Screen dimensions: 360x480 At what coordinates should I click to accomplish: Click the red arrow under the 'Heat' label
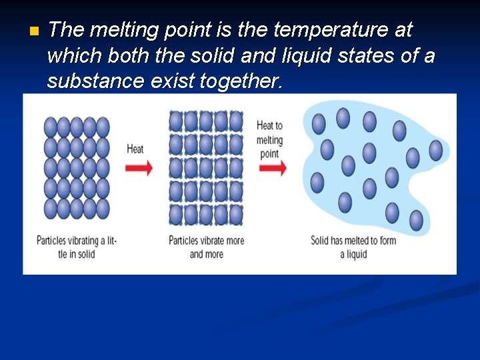tap(139, 168)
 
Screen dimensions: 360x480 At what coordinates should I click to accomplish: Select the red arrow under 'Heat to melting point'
tap(271, 168)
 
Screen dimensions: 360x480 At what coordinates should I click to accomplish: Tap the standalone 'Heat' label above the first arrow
tap(135, 149)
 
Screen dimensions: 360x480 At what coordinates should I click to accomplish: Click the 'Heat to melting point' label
tap(269, 139)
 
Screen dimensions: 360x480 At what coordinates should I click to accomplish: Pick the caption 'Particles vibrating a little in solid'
tap(76, 247)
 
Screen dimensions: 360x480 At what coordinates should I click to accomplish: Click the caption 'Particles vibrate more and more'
tap(207, 247)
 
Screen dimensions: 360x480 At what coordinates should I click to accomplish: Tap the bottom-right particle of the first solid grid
tap(103, 209)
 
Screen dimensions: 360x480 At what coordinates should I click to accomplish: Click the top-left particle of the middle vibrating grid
tap(176, 121)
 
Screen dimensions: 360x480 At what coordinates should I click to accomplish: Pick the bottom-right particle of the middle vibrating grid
tap(236, 215)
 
